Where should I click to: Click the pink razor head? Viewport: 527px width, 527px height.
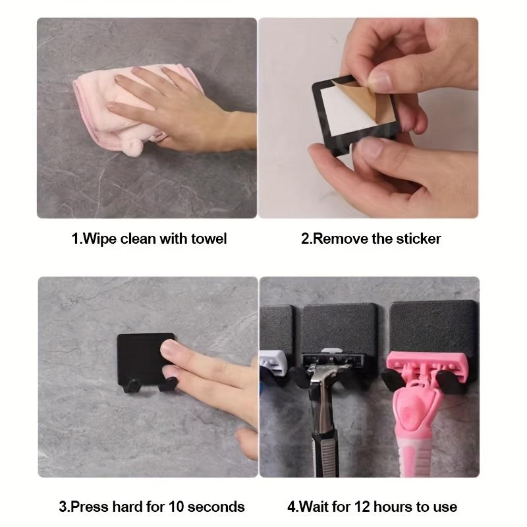pos(422,366)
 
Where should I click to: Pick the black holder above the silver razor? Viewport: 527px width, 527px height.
pos(339,326)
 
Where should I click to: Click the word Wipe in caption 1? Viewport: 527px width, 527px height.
pos(98,238)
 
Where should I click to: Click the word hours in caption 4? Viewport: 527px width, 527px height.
pos(390,507)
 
